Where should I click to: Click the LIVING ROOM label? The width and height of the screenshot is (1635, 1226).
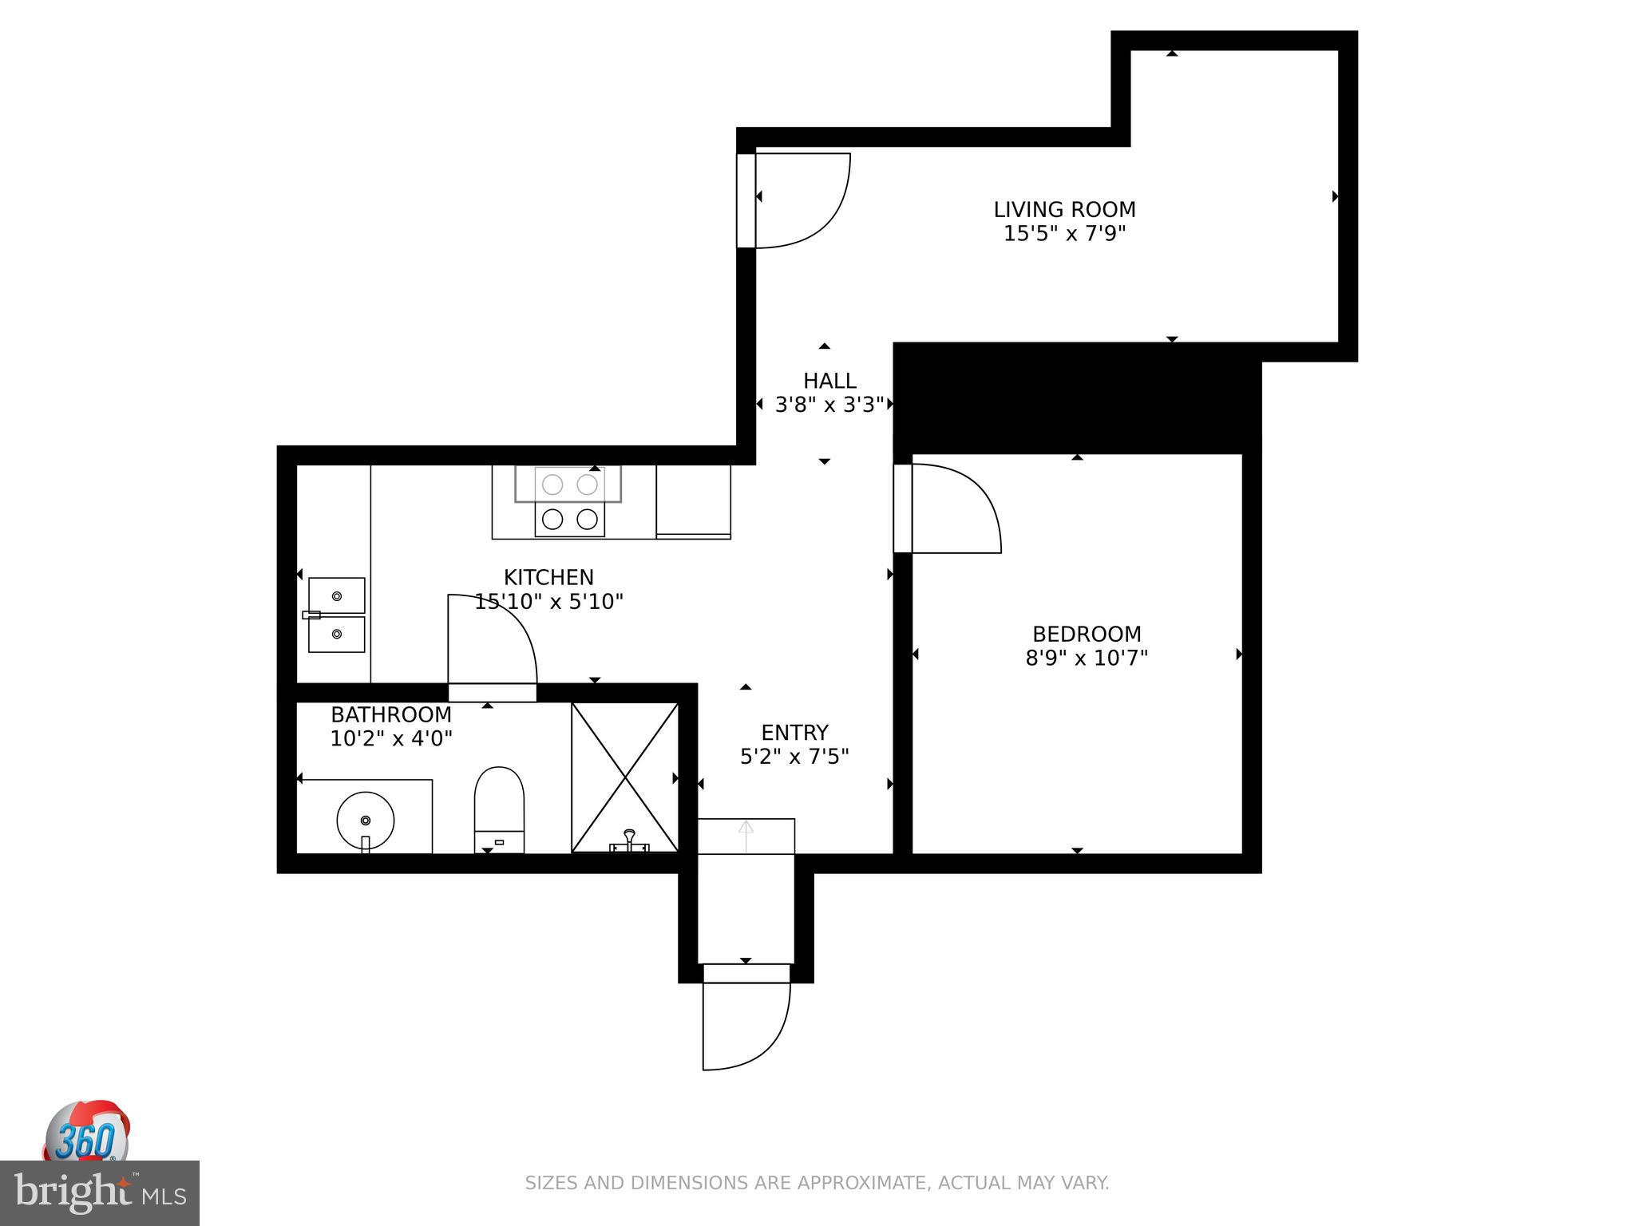(1064, 209)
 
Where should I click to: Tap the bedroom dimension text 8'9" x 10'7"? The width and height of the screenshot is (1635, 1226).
(1087, 658)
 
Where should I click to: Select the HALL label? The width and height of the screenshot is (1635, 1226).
(829, 381)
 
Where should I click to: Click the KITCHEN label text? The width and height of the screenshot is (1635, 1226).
(548, 577)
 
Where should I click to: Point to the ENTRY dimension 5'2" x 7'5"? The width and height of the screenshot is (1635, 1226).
(794, 757)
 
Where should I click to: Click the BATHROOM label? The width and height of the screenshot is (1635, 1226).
(391, 714)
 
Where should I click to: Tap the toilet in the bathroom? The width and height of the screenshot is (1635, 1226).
(499, 808)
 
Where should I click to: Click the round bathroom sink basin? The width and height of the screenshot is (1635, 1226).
(366, 821)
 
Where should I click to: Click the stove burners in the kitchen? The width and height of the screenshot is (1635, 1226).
(569, 501)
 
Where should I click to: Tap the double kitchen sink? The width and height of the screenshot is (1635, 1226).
(336, 615)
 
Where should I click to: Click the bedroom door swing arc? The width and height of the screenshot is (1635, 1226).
(958, 508)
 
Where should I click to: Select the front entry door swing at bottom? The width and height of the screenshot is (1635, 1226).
(746, 1026)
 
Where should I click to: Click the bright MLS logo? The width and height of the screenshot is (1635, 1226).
(99, 1193)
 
